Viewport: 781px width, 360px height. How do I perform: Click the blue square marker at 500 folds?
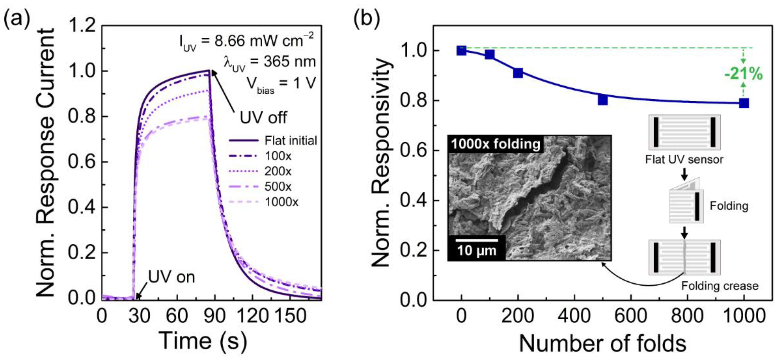point(603,100)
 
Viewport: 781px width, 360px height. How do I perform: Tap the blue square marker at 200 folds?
point(518,73)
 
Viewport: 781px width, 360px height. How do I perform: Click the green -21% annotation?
point(743,74)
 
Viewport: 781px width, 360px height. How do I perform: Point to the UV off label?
point(263,118)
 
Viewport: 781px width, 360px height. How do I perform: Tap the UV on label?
point(171,277)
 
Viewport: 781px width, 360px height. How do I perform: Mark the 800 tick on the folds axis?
point(687,316)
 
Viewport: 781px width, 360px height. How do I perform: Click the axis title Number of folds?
point(603,343)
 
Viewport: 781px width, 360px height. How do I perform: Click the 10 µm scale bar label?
point(477,251)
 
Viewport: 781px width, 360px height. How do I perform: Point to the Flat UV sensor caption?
point(684,160)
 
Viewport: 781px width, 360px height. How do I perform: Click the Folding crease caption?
point(720,286)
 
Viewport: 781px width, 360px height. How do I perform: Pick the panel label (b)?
point(367,19)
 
